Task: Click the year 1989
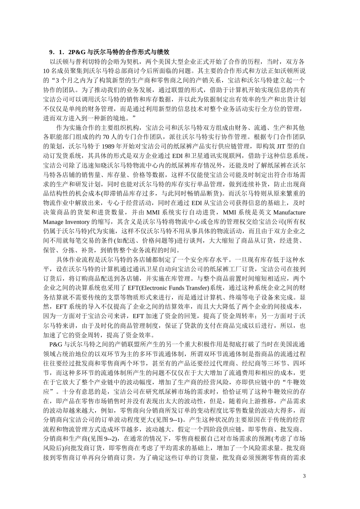[107, 146]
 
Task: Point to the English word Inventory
[79, 222]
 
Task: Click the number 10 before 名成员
[47, 71]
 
